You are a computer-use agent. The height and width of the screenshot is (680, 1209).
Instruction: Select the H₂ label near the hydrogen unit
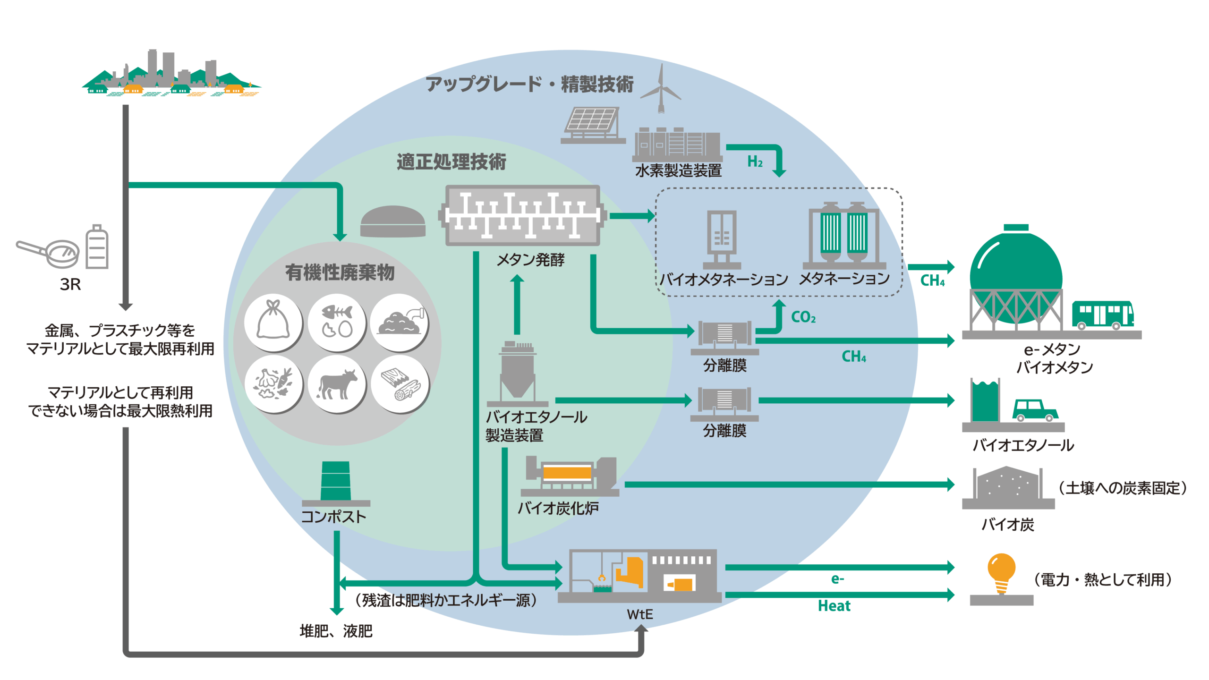click(x=755, y=162)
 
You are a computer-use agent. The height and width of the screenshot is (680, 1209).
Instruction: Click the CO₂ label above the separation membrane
click(x=803, y=317)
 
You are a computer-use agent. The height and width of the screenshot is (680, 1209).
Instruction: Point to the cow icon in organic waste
click(x=337, y=383)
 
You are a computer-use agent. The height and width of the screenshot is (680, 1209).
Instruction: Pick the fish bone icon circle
click(x=337, y=322)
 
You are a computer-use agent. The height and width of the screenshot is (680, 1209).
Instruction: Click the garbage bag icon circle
click(x=273, y=322)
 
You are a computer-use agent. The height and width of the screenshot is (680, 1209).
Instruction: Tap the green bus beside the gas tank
click(x=1102, y=315)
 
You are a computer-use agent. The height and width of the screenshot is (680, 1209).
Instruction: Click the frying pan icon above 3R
click(x=50, y=253)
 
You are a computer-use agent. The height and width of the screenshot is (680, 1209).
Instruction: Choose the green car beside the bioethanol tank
click(x=1034, y=410)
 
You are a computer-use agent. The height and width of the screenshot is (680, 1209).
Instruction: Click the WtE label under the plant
click(x=640, y=614)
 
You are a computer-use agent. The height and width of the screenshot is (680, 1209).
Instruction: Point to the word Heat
click(x=834, y=606)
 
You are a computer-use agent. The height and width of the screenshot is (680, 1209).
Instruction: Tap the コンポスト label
click(x=333, y=517)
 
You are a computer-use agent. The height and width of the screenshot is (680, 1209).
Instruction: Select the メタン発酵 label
click(x=530, y=260)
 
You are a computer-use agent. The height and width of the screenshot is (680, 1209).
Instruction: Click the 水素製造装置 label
click(x=678, y=170)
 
